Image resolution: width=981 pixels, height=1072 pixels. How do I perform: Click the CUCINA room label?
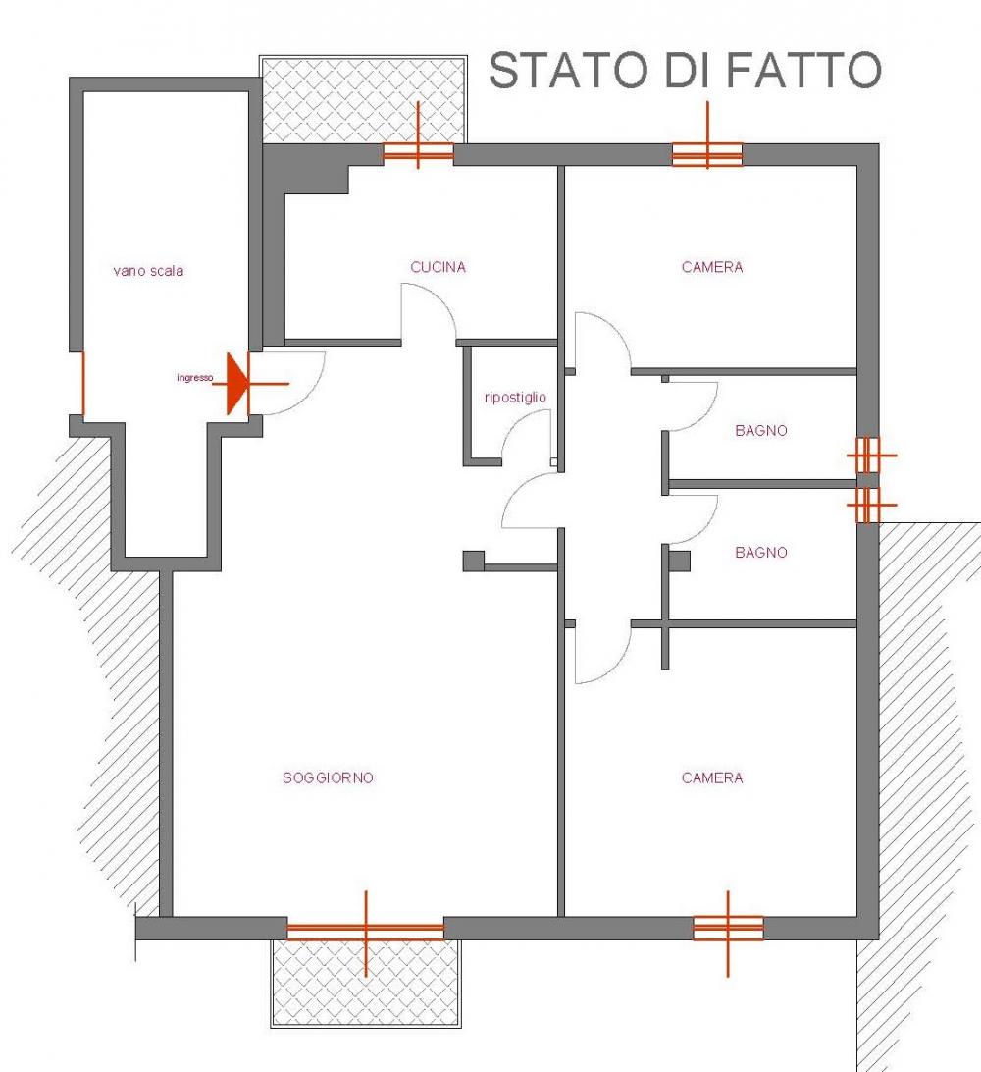[x=438, y=267]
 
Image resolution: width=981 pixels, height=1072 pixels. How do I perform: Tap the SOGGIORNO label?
[x=328, y=777]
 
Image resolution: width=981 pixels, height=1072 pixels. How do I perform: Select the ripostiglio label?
[x=515, y=398]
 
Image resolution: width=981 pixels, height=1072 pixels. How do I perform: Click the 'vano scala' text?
[x=148, y=271]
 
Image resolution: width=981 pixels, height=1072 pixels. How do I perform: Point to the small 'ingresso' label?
[x=194, y=377]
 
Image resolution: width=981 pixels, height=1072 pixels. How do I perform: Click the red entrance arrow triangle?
[x=237, y=384]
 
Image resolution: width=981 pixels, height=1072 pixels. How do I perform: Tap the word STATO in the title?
[x=568, y=70]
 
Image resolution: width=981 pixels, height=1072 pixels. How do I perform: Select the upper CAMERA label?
[x=712, y=267]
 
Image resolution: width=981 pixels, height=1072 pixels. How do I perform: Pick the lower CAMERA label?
[x=712, y=777]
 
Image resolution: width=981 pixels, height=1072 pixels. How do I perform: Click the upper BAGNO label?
[x=761, y=430]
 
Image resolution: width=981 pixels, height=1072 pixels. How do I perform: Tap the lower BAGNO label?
[x=761, y=552]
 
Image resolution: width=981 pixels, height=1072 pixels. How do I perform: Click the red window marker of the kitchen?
[x=418, y=152]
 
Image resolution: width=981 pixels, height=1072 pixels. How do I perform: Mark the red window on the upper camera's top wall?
[x=707, y=154]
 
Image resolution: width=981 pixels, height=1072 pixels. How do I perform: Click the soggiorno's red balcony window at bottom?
[x=366, y=931]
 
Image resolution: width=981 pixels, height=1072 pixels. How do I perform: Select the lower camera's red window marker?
[x=728, y=929]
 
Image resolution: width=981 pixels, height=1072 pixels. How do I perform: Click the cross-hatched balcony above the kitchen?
[x=363, y=100]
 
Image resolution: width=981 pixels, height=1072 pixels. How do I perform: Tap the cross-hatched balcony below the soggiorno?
[x=366, y=983]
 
